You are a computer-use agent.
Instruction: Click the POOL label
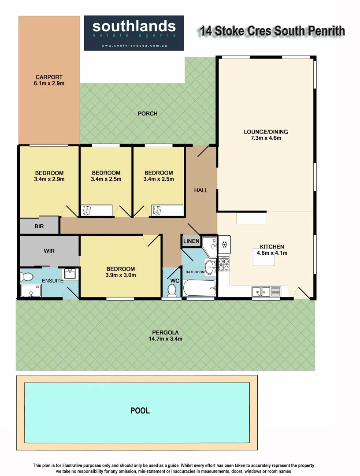point(140,410)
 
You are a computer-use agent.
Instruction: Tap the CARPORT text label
point(49,77)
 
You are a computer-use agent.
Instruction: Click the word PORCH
point(148,114)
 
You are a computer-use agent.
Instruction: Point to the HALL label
point(201,190)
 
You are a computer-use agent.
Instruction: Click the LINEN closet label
point(191,242)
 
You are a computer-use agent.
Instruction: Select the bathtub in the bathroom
point(200,288)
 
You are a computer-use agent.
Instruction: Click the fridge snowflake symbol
point(224,244)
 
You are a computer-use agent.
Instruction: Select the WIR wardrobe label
point(49,251)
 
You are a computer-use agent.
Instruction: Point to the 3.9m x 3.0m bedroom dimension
point(121,275)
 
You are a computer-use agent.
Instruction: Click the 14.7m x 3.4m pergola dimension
point(166,339)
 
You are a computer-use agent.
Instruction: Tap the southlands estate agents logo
point(134,33)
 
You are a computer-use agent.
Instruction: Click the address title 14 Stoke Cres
point(271,31)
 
